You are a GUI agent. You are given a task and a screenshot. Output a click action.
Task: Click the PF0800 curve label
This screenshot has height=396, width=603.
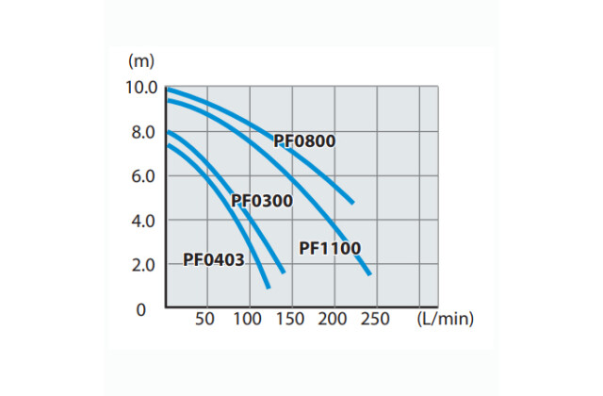click(304, 142)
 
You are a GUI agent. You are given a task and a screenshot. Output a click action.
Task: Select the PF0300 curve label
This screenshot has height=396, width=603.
click(262, 201)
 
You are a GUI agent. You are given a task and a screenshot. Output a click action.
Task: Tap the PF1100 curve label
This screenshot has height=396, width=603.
click(330, 249)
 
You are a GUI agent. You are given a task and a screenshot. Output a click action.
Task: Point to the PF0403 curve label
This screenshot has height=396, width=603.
click(214, 259)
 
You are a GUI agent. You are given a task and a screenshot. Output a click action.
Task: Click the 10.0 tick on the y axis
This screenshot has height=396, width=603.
click(140, 88)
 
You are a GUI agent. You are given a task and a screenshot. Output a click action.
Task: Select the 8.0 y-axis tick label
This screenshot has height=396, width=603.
click(143, 132)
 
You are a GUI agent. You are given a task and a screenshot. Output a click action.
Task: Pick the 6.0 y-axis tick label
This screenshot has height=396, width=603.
click(143, 176)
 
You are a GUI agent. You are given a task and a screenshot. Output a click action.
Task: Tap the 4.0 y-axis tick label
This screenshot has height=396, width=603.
click(143, 221)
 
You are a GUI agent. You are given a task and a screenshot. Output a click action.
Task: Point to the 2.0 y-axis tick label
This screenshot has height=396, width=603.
click(143, 265)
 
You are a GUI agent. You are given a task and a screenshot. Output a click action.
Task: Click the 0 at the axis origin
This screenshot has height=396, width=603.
click(142, 309)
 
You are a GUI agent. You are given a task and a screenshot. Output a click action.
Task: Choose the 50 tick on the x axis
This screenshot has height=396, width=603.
click(205, 320)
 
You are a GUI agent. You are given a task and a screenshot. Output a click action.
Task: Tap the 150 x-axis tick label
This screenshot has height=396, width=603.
click(291, 320)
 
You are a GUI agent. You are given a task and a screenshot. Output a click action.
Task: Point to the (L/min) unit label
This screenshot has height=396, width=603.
click(445, 320)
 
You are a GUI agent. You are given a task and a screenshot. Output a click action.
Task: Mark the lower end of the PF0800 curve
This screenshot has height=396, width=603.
click(351, 202)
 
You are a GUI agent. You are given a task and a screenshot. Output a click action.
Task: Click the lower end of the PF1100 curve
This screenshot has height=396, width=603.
click(369, 273)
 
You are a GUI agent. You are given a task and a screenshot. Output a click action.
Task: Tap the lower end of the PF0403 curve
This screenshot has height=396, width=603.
click(269, 286)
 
